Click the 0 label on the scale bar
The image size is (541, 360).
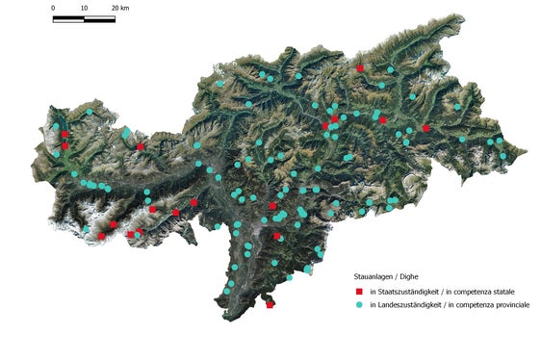pyautogui.click(x=53, y=8)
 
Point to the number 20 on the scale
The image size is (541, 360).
pyautogui.click(x=115, y=8)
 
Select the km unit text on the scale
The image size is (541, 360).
pyautogui.click(x=126, y=8)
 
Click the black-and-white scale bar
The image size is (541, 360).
pyautogui.click(x=84, y=18)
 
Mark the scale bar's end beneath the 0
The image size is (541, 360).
pyautogui.click(x=54, y=18)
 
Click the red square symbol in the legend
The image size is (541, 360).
pyautogui.click(x=358, y=291)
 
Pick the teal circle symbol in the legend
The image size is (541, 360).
pyautogui.click(x=358, y=305)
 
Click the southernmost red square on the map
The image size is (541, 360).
pyautogui.click(x=270, y=305)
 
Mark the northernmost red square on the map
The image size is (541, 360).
pyautogui.click(x=359, y=68)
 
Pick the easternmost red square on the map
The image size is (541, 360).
pyautogui.click(x=425, y=128)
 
